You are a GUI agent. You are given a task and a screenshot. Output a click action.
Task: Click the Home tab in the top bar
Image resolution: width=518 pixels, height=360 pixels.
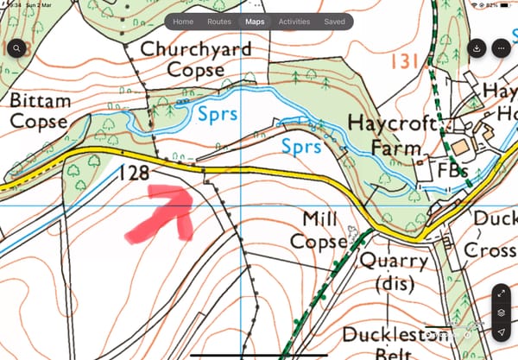[183, 22]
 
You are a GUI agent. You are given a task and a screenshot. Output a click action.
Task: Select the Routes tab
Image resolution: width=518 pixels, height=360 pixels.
[218, 22]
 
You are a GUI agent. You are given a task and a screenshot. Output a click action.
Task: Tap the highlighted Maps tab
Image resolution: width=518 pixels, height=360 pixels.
[255, 22]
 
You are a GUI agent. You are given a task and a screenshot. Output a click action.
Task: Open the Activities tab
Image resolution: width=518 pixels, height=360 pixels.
[294, 22]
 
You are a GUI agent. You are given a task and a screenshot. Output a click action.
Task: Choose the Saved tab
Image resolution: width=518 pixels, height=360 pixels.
[334, 22]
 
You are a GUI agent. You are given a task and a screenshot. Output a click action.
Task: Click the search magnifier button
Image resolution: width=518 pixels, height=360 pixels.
[16, 48]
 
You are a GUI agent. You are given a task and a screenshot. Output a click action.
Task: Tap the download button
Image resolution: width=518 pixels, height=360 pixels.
[477, 48]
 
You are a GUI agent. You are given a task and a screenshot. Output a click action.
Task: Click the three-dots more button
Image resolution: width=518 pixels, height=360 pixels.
[502, 48]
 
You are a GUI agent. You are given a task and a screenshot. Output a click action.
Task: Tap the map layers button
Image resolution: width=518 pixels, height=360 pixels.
[502, 313]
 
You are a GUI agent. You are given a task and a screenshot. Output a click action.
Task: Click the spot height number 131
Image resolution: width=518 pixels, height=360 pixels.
[406, 60]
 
